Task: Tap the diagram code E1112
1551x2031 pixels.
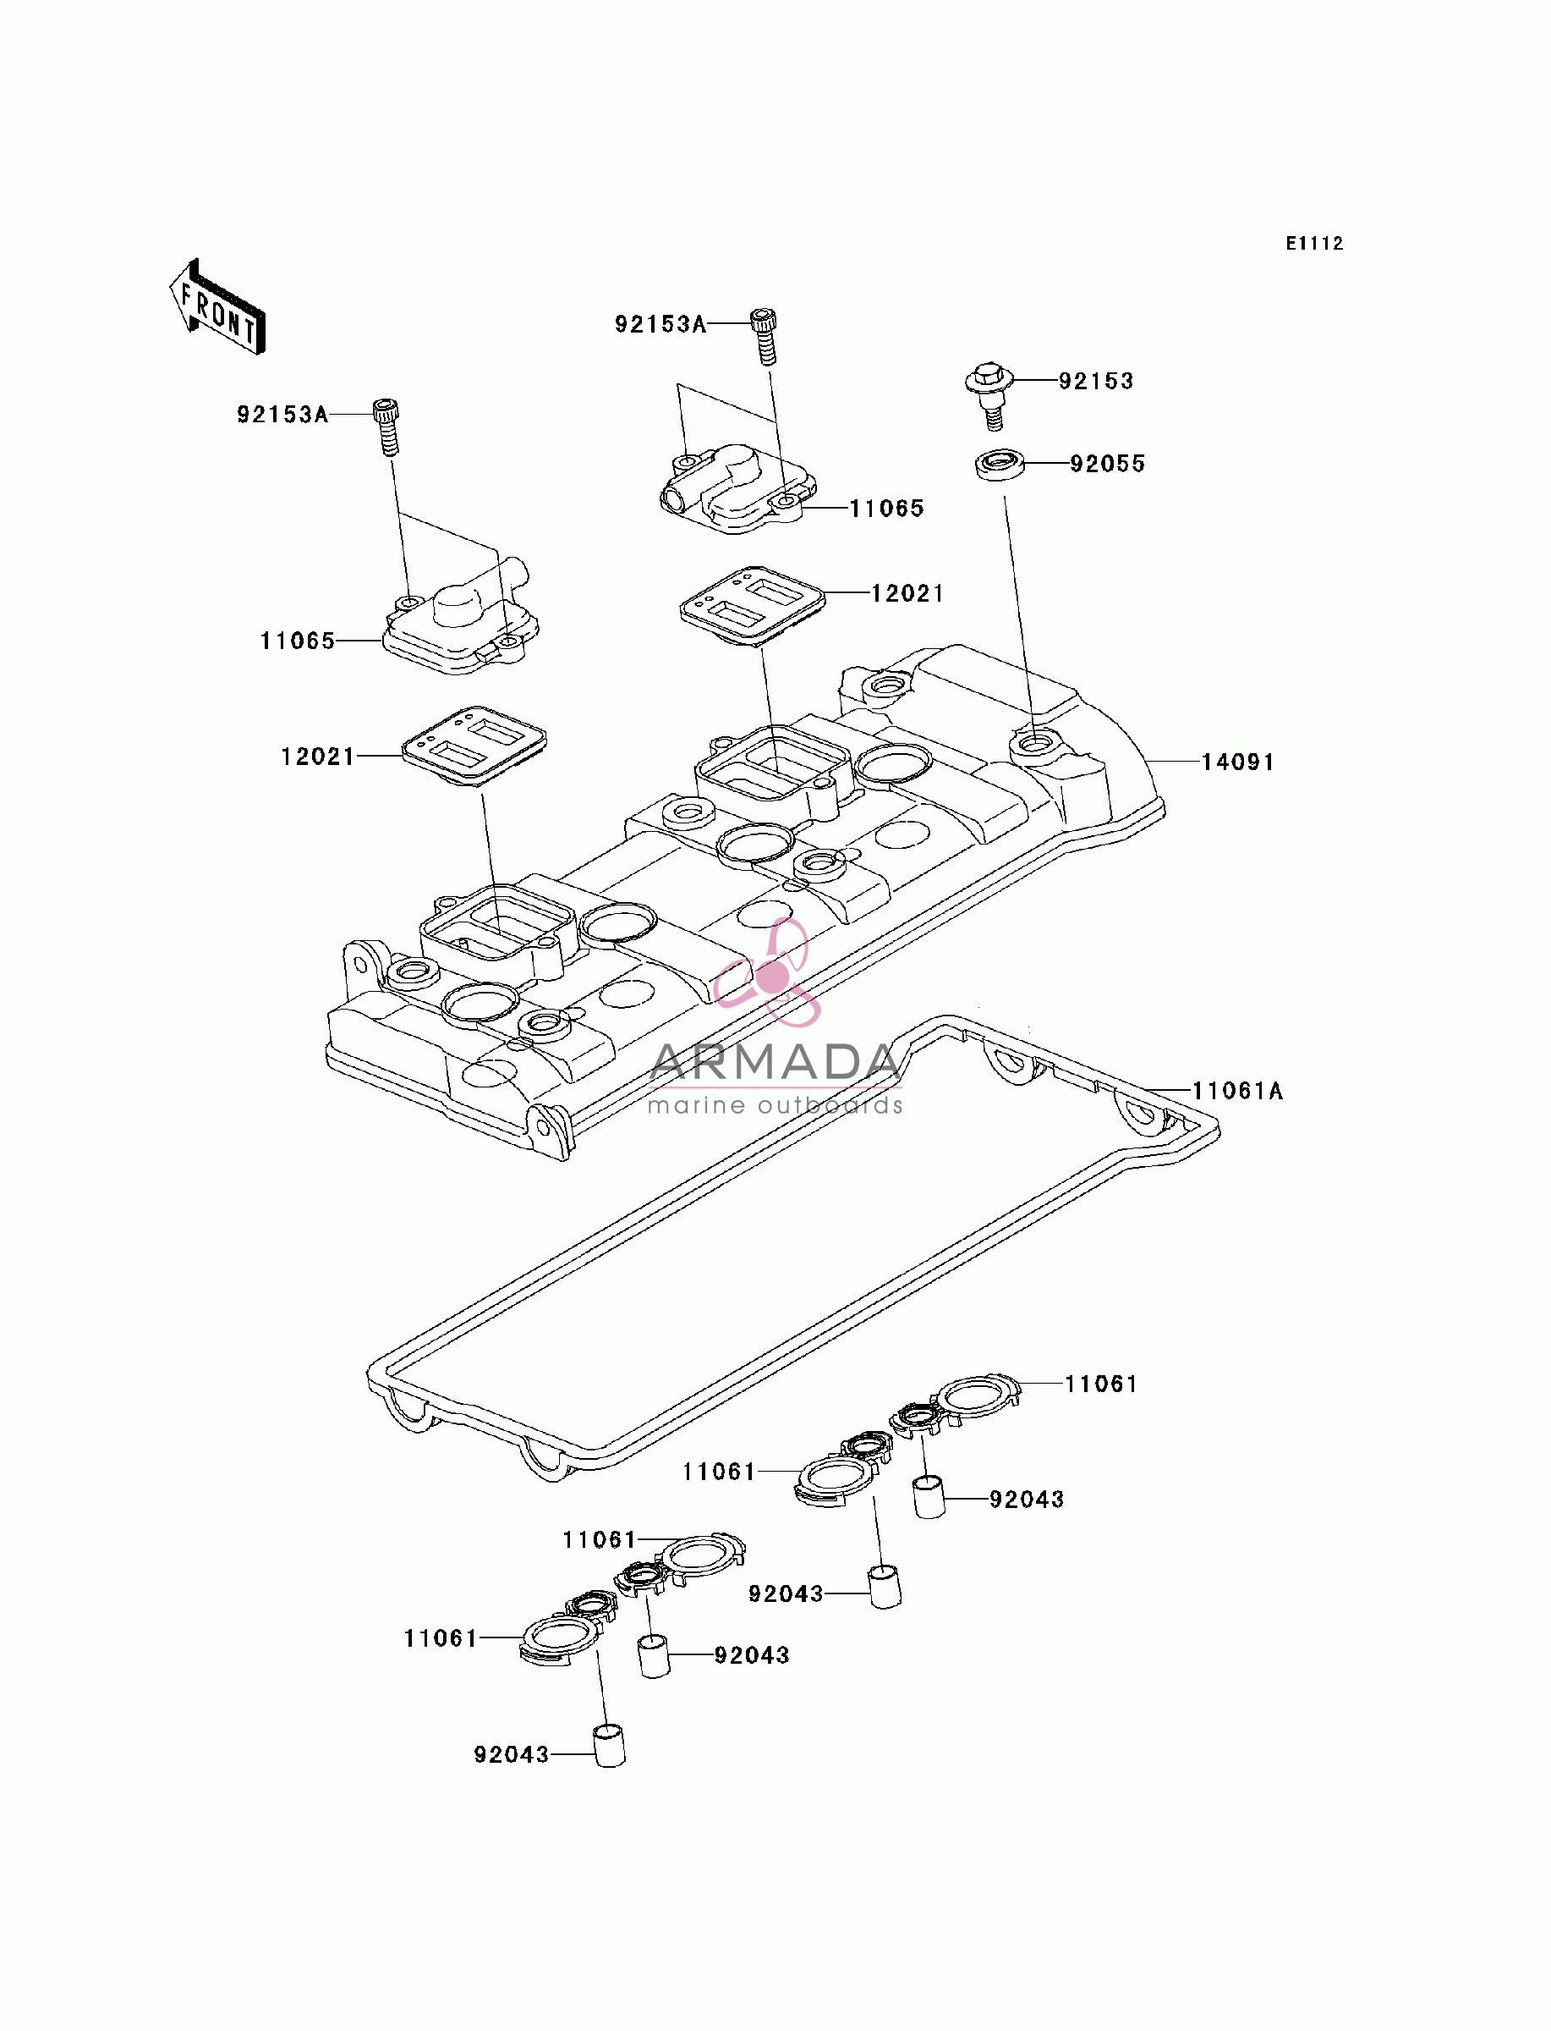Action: pos(1315,244)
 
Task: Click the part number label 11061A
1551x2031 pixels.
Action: pos(1237,1091)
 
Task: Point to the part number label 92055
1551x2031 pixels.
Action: pos(1108,464)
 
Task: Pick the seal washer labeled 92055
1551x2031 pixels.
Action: pos(1000,464)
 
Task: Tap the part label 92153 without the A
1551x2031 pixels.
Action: pos(1096,381)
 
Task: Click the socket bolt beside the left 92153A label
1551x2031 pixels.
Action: pos(386,426)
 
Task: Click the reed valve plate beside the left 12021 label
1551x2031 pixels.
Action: pos(474,746)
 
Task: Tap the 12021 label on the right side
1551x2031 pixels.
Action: pos(907,593)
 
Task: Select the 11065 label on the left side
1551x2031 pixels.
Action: pos(298,641)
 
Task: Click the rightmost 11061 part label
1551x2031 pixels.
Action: pos(1101,1384)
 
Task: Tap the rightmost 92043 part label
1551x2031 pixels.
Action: pos(1027,1499)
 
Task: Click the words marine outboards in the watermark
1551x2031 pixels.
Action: pos(775,1104)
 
